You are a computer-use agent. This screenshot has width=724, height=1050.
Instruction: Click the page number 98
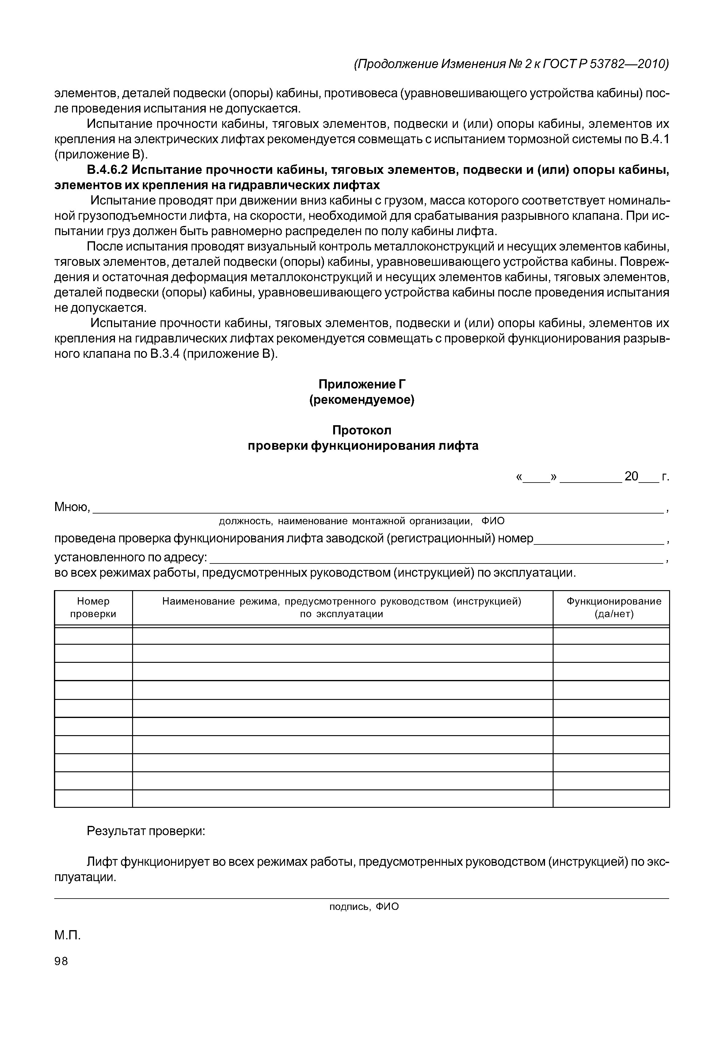pos(61,961)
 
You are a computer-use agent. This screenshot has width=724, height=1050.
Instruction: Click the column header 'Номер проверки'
pos(93,608)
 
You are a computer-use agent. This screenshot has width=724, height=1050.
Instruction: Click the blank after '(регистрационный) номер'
pos(599,539)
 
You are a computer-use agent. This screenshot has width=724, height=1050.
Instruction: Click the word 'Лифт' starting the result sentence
pos(103,862)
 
